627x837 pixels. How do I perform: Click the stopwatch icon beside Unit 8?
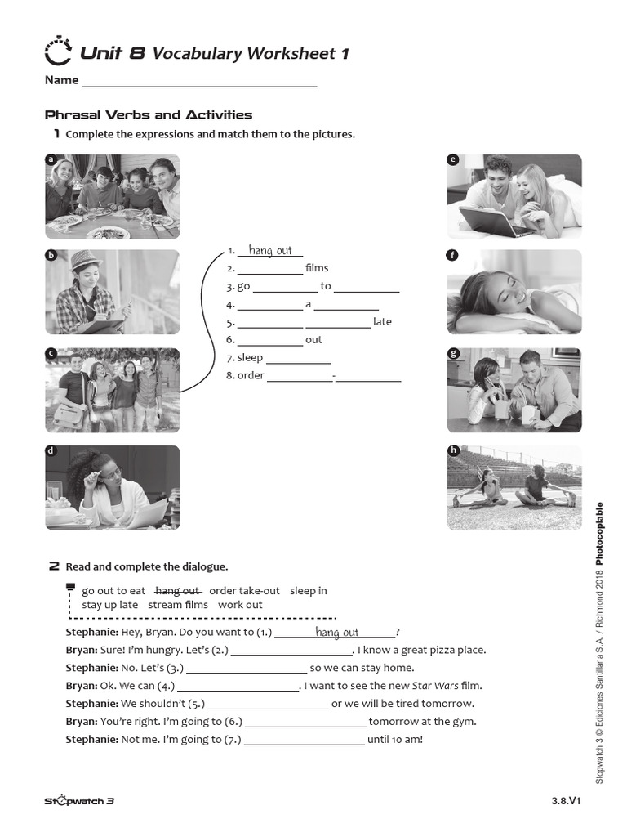click(x=59, y=51)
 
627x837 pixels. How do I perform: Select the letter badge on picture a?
click(x=51, y=160)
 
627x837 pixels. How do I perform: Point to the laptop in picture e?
click(x=487, y=221)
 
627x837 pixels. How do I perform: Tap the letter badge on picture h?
click(x=453, y=450)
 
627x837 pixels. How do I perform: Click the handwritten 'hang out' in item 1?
click(x=270, y=251)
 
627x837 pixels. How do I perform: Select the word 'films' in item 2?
click(x=317, y=268)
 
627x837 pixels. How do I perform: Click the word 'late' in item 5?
click(x=382, y=322)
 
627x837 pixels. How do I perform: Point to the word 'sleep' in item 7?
click(x=250, y=358)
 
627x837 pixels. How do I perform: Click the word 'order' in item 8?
click(x=251, y=376)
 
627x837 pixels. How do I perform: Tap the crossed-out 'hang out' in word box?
click(x=177, y=590)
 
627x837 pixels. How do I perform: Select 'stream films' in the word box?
click(x=178, y=605)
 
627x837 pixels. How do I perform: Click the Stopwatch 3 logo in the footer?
click(x=79, y=801)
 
